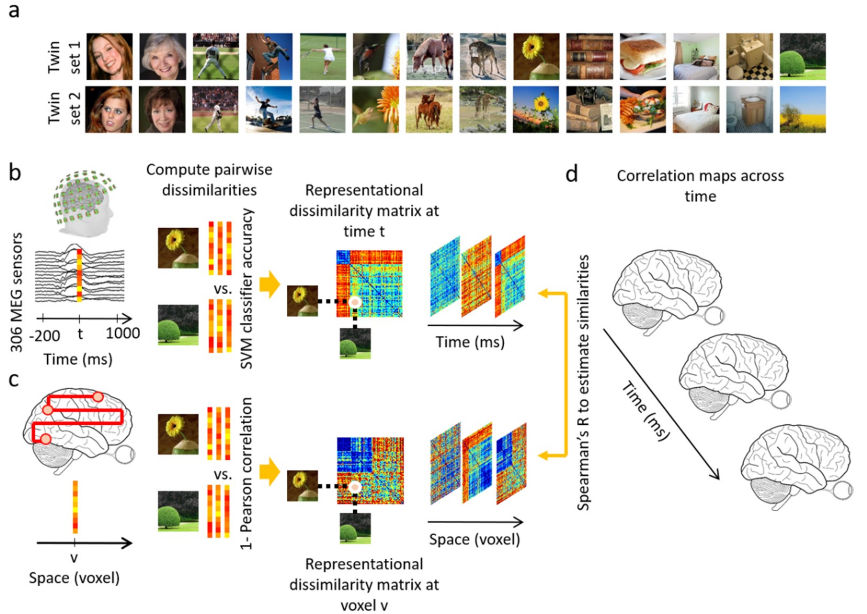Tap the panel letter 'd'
(572, 175)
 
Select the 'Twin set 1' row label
(64, 57)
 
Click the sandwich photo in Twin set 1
(643, 57)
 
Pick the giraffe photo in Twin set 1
(482, 57)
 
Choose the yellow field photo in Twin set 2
(803, 110)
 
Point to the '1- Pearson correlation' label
(246, 473)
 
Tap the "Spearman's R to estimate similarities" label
(583, 382)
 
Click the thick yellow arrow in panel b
(270, 284)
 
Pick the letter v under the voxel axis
(74, 558)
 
